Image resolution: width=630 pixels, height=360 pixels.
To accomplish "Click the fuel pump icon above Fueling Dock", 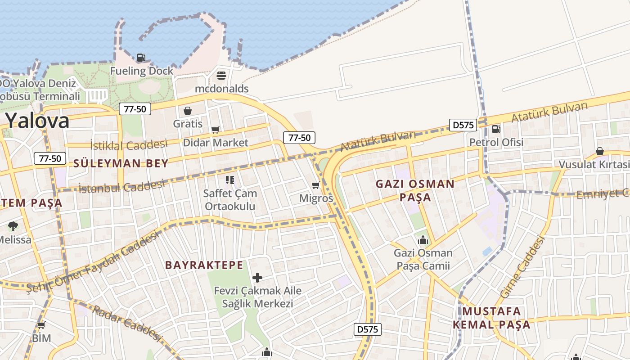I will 141,58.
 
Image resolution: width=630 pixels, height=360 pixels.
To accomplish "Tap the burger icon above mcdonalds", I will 221,75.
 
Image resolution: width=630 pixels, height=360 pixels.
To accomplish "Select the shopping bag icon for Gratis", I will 188,111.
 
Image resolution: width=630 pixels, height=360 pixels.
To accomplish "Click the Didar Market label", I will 216,143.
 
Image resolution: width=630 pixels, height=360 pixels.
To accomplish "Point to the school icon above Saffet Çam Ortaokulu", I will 230,180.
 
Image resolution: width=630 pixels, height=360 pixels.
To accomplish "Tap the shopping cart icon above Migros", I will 316,185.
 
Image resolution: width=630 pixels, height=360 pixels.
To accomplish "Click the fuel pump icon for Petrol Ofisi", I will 496,129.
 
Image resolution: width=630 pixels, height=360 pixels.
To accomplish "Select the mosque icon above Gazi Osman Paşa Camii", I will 423,240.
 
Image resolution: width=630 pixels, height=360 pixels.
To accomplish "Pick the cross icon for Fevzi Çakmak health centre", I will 257,278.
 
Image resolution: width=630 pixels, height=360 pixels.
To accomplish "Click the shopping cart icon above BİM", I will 41,325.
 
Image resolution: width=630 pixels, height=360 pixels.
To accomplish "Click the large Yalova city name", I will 37,121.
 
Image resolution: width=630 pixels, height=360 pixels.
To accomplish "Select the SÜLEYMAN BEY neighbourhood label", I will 121,163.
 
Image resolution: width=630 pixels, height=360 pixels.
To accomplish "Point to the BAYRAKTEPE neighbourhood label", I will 204,265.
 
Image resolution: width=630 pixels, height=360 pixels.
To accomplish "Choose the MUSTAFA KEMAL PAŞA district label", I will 491,318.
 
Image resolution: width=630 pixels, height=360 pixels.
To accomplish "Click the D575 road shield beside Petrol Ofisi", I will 463,125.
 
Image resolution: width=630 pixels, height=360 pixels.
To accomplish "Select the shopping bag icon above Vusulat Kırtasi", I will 599,151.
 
